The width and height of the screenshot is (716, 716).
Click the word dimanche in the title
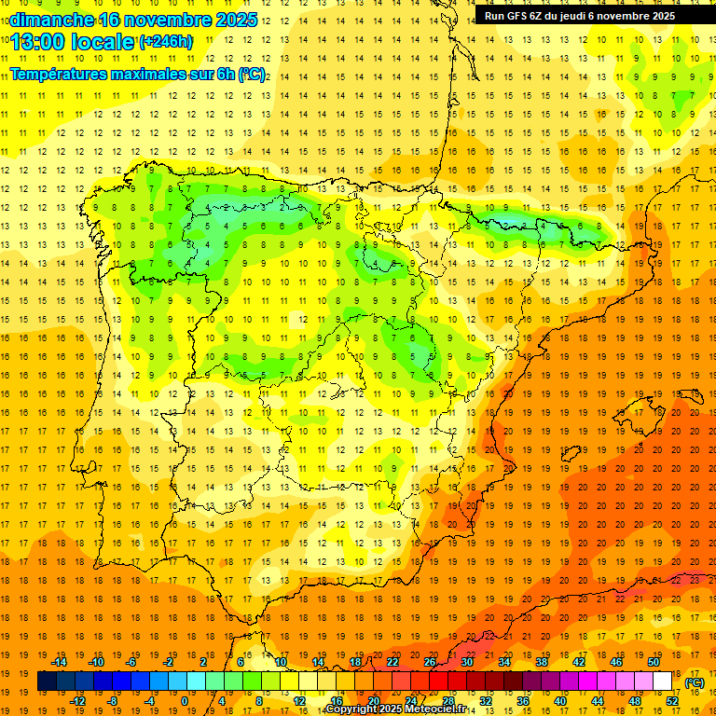(51, 20)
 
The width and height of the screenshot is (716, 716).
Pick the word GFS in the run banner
(518, 16)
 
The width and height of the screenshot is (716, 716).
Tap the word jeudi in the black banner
(589, 16)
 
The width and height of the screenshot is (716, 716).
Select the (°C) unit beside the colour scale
(694, 682)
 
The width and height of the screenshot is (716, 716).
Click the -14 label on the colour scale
(60, 662)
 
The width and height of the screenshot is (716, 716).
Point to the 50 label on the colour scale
(653, 662)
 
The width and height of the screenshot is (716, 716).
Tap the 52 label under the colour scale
(672, 701)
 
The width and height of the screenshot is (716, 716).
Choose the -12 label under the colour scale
(77, 701)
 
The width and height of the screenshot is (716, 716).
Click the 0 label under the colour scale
(185, 701)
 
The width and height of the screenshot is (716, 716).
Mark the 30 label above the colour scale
(466, 662)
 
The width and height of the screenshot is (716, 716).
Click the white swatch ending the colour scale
(663, 682)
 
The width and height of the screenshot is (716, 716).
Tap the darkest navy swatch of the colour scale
(47, 682)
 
